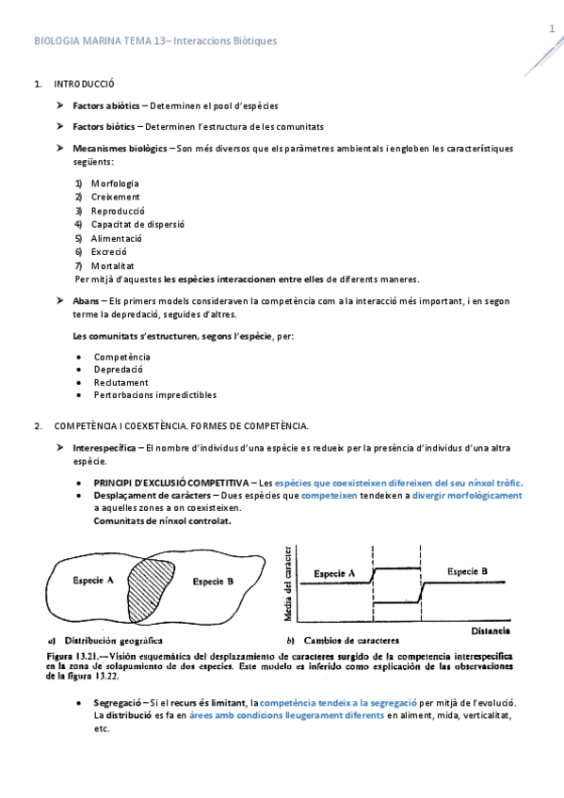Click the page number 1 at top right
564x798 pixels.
click(552, 30)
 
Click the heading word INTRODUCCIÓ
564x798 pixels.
click(84, 84)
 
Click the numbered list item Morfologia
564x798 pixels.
click(115, 183)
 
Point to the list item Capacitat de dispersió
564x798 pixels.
click(137, 224)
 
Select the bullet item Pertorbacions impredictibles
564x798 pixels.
click(154, 395)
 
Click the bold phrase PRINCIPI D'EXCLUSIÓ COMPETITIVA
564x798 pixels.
click(172, 482)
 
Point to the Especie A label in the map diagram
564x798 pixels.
click(94, 580)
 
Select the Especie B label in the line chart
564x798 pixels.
click(467, 571)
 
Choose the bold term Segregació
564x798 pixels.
click(117, 703)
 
